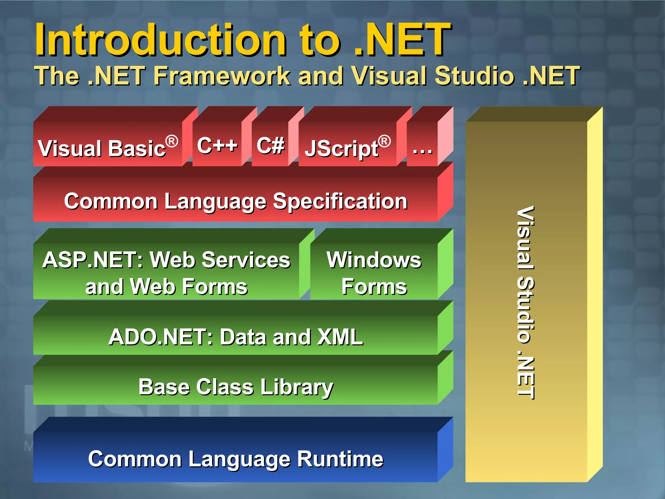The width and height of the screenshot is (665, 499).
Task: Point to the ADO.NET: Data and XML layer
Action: (x=235, y=337)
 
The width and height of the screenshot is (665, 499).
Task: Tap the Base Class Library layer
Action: (x=235, y=387)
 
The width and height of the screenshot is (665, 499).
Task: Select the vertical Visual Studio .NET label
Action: (x=525, y=302)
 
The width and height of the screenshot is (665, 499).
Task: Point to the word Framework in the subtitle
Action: (x=222, y=76)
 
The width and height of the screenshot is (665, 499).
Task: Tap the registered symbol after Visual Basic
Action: (x=172, y=141)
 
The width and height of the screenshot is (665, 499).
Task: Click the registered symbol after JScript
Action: (x=384, y=141)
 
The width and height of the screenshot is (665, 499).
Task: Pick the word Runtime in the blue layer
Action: (x=340, y=459)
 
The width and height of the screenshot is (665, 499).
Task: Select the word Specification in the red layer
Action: (x=340, y=201)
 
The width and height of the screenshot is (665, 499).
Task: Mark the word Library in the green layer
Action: (x=296, y=387)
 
